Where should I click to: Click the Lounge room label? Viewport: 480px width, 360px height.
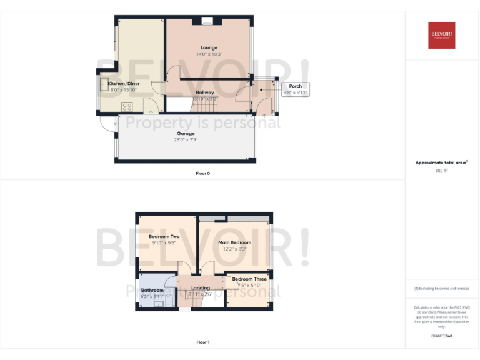point(209,47)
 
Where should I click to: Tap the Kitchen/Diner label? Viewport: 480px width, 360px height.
point(123,84)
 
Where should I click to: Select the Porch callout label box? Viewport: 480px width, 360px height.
point(296,89)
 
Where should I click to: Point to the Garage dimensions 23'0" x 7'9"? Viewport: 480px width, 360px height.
point(186,140)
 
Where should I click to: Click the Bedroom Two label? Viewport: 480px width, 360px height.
point(164,237)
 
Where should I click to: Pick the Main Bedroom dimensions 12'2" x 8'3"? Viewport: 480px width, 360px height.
point(234,249)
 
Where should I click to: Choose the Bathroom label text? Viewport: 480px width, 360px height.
point(152,291)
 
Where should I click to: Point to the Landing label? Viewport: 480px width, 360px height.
point(200,288)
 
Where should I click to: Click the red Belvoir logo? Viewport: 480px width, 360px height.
point(442,35)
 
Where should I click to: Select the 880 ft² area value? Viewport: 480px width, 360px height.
point(442,170)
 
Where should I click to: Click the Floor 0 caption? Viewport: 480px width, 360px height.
point(202,173)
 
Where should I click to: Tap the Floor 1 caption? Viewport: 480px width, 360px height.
point(202,342)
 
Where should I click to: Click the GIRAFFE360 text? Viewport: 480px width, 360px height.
point(441,336)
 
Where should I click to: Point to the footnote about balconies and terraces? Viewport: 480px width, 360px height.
point(442,288)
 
